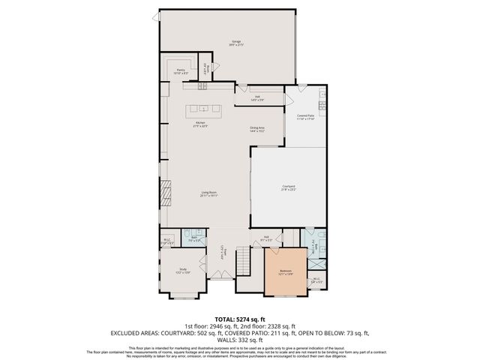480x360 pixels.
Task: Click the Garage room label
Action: pyautogui.click(x=236, y=43)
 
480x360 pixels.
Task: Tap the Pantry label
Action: pyautogui.click(x=180, y=72)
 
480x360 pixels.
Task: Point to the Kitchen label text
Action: pyautogui.click(x=200, y=124)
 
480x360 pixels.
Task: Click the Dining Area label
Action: pyautogui.click(x=257, y=129)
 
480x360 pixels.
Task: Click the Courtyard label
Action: pyautogui.click(x=289, y=186)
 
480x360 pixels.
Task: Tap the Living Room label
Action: pyautogui.click(x=208, y=194)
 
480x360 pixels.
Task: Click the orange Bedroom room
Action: pyautogui.click(x=285, y=271)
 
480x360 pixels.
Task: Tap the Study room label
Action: pyautogui.click(x=182, y=271)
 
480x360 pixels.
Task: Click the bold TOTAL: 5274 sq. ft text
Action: pyautogui.click(x=239, y=319)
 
